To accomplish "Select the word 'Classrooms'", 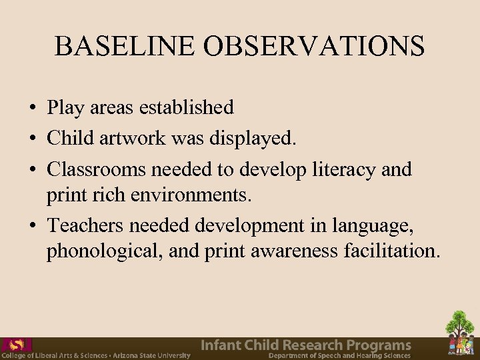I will coord(97,169).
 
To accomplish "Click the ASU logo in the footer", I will coord(17,345).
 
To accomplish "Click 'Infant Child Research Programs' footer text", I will coord(307,345).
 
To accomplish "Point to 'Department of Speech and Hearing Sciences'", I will coord(339,356).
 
